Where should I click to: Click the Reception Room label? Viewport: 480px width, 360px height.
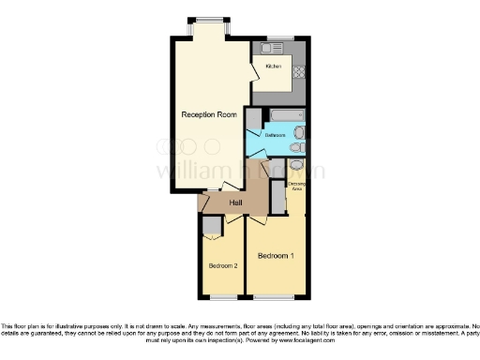(x=209, y=114)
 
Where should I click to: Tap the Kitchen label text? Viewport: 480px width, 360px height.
(x=273, y=67)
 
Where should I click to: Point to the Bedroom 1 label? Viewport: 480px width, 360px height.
(x=276, y=256)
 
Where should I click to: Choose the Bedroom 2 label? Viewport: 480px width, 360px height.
(x=223, y=266)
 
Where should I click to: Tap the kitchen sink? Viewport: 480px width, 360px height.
(x=276, y=47)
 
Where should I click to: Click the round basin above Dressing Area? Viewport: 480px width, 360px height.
(x=296, y=166)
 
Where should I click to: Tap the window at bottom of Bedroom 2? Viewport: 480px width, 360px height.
(x=222, y=297)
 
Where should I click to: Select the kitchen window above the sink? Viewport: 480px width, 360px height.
(x=278, y=37)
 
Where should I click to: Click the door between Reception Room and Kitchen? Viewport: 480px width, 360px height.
(x=253, y=71)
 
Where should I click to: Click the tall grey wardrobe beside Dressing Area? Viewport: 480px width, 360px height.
(x=277, y=198)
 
